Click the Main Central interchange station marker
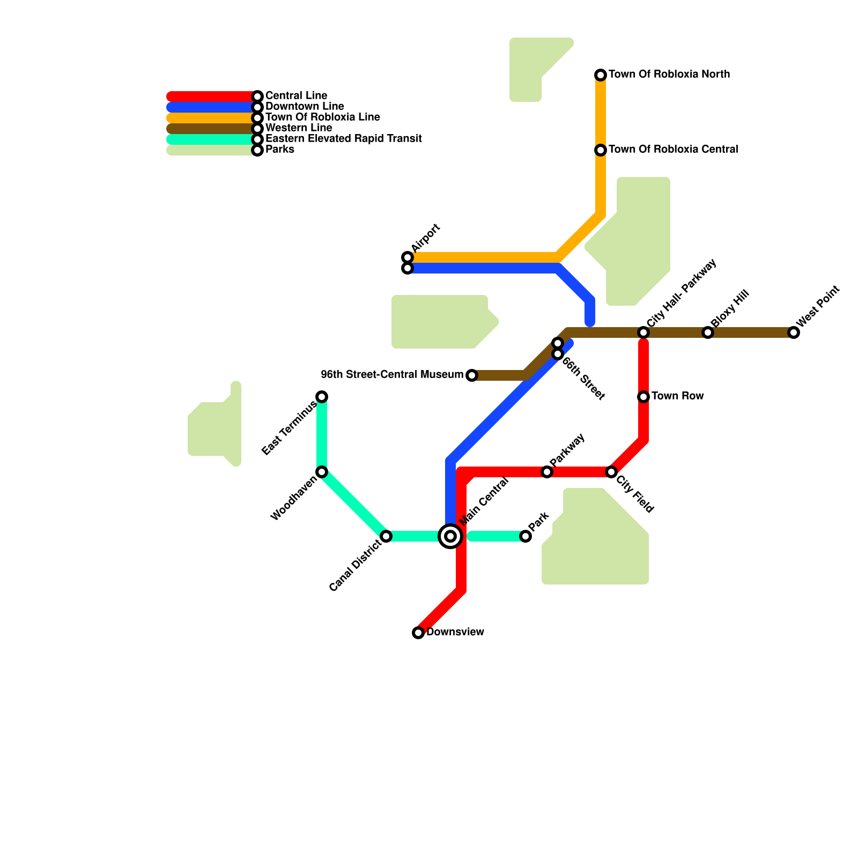coord(450,536)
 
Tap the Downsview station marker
coord(418,633)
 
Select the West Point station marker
coord(794,332)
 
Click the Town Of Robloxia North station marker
coord(601,75)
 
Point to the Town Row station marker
coord(643,397)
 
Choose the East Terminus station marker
coord(322,397)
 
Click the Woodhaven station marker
coord(322,472)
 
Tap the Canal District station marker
coord(386,536)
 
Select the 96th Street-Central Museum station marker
coord(472,375)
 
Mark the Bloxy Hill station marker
coord(708,332)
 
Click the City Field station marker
coord(611,472)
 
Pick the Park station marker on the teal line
coord(526,536)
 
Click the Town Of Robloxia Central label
coord(673,150)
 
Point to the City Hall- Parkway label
coord(681,293)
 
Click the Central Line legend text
coord(296,96)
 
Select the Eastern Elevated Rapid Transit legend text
coord(343,139)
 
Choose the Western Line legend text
coord(299,128)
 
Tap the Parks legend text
coord(279,150)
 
